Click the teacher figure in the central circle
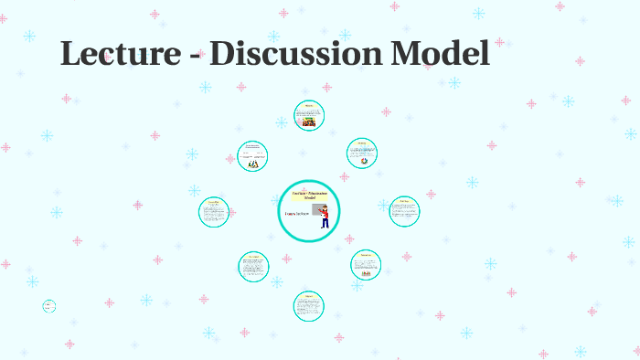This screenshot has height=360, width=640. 325,217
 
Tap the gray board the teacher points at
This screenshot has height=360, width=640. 317,211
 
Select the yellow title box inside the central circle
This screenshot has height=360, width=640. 309,196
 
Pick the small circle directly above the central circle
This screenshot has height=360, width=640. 309,116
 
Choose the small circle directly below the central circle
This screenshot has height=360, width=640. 309,305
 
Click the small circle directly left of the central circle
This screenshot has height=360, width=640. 214,212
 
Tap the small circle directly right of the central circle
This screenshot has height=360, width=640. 403,211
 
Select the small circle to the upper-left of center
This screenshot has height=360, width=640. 253,155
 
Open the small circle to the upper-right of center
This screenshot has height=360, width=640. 362,154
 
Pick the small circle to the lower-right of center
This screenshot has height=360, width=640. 366,265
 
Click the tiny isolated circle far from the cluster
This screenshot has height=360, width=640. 49,306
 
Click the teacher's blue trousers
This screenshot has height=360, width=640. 325,223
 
